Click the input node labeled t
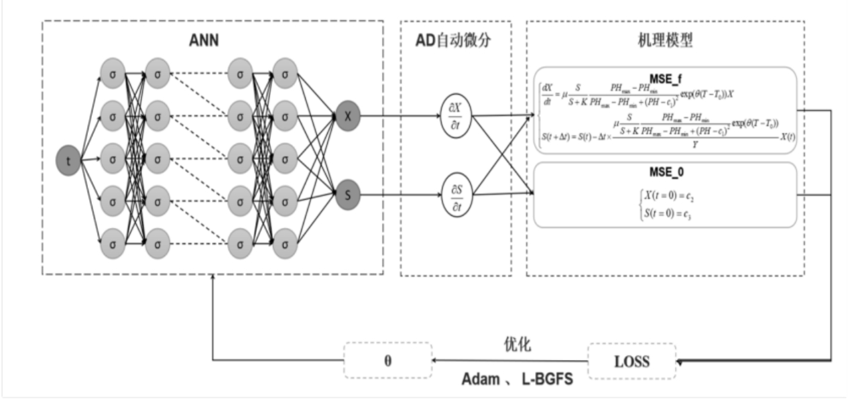click(69, 161)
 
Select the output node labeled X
click(348, 115)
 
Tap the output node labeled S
click(348, 196)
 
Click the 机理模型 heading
click(665, 40)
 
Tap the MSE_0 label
click(665, 171)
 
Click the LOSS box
click(632, 361)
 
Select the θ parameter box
click(388, 361)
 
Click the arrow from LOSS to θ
click(509, 361)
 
